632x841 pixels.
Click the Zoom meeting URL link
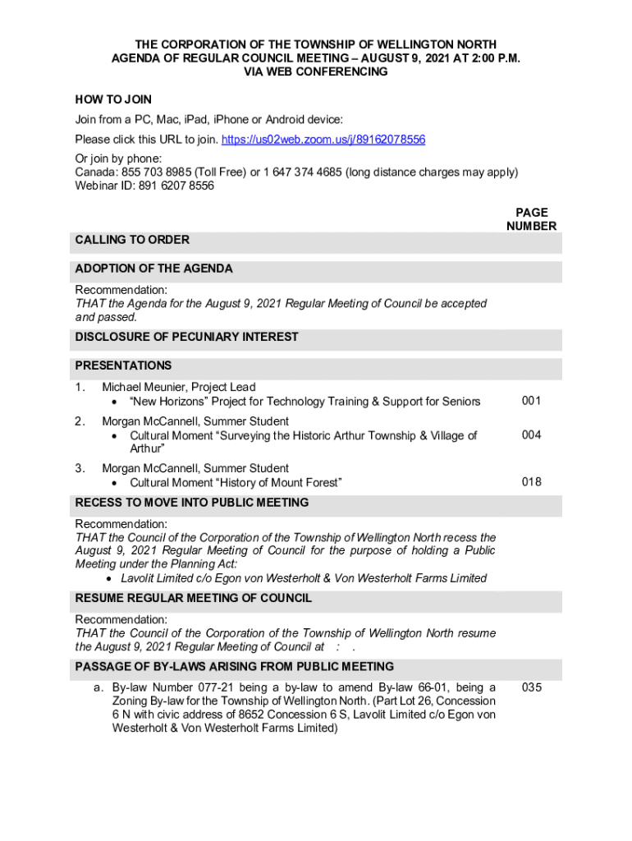coord(324,139)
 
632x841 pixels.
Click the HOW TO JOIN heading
coord(113,99)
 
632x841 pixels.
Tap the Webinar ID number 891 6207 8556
coord(174,186)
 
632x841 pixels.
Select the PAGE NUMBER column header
coord(531,219)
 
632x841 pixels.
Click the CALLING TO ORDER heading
coord(132,240)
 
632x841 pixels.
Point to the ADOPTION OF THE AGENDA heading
coord(153,269)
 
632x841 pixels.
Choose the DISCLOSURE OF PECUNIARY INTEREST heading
coord(186,337)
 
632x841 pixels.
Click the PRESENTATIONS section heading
coord(123,365)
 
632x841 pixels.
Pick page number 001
coord(531,401)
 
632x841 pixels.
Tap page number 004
coord(531,435)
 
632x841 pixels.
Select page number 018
coord(531,482)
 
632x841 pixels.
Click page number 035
coord(531,687)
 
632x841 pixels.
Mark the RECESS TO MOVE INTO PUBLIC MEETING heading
coord(192,503)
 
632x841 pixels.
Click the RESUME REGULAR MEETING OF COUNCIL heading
coord(193,598)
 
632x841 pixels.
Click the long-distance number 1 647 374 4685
coord(302,172)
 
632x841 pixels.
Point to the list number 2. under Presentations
coord(80,421)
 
